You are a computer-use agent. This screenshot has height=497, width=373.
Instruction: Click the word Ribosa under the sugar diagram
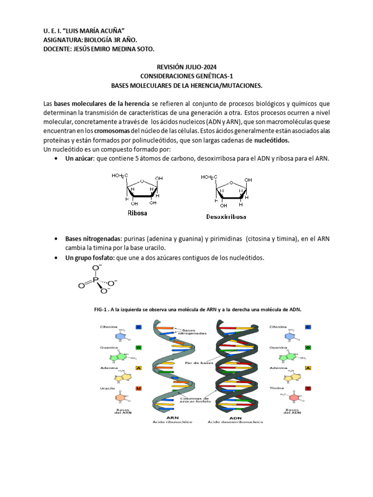click(x=137, y=213)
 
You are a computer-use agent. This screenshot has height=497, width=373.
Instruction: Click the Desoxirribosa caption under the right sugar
click(x=226, y=216)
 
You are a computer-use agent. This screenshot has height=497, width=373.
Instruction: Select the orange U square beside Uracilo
click(x=138, y=388)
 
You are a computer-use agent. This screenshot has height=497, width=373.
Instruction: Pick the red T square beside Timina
click(x=307, y=388)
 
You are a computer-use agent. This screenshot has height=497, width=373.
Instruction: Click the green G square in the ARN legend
click(x=138, y=348)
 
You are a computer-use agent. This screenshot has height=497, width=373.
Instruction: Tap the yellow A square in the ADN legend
click(x=307, y=368)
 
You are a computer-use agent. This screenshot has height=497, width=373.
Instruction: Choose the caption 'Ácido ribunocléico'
click(x=172, y=422)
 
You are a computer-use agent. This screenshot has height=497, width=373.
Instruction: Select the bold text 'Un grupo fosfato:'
click(x=90, y=258)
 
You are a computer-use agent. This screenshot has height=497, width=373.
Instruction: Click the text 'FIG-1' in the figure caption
click(x=101, y=309)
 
